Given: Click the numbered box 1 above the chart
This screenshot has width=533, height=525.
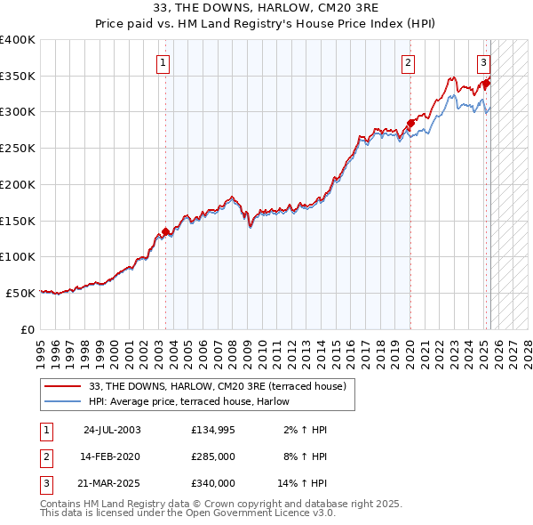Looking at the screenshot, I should click(164, 62).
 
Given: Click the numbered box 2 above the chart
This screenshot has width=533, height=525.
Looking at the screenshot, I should click(408, 62).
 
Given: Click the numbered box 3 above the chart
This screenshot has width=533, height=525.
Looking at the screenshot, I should click(483, 62).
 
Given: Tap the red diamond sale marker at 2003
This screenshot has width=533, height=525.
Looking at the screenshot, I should click(165, 231).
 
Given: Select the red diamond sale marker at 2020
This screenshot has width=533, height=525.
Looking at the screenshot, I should click(410, 123).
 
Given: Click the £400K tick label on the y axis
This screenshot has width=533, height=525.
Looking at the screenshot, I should click(17, 40).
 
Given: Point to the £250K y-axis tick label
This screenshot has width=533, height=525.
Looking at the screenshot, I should click(17, 149).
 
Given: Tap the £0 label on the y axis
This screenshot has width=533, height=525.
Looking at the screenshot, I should click(28, 329).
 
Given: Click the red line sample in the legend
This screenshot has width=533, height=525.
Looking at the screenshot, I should click(64, 386).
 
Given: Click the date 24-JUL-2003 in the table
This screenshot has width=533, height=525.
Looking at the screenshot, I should click(112, 430).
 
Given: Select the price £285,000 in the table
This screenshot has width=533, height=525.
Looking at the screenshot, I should click(212, 456).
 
